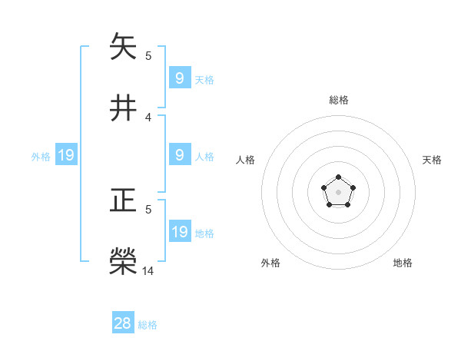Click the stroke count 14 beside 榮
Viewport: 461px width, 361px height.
point(148,270)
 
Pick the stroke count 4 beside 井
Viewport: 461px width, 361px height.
point(148,117)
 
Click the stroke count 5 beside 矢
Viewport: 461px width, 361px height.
point(148,56)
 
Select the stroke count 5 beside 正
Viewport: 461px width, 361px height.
point(148,209)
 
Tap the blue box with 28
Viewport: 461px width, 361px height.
point(123,323)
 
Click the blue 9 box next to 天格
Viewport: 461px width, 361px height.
point(179,78)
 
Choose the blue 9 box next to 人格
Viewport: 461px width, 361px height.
point(179,155)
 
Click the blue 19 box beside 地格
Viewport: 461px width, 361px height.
point(179,232)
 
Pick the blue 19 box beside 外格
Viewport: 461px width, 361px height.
point(66,155)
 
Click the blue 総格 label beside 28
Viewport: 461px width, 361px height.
point(148,325)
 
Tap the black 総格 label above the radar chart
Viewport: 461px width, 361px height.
point(338,100)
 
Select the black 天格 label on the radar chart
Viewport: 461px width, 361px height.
point(432,160)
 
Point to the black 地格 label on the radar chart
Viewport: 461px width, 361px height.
point(403,263)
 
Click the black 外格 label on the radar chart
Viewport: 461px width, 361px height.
point(270,263)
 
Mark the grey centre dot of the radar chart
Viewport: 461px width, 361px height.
point(338,192)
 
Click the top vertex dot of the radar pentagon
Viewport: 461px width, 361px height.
point(338,178)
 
